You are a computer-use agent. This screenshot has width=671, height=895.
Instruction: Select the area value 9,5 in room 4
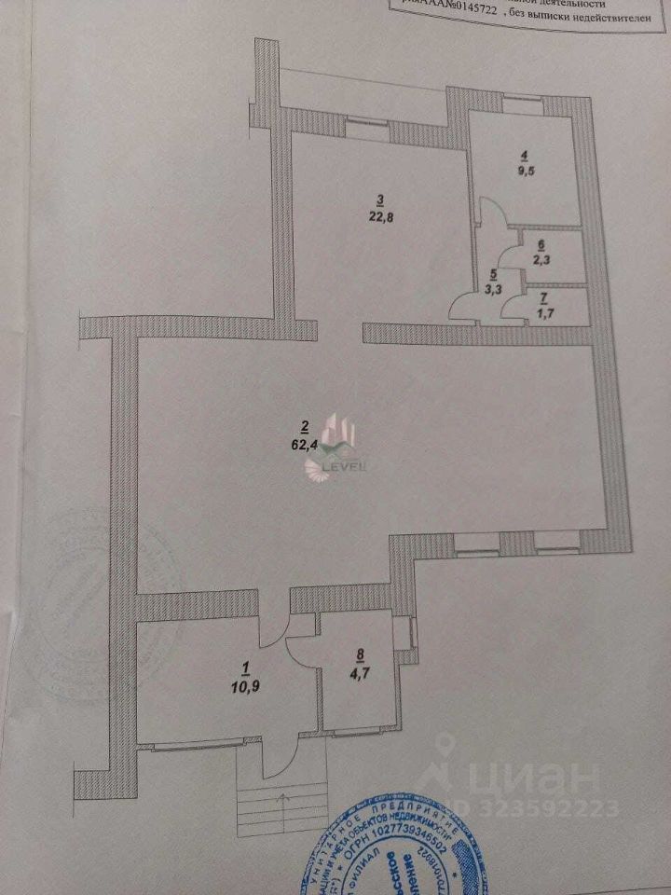525,172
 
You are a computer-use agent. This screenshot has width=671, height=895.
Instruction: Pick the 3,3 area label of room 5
498,290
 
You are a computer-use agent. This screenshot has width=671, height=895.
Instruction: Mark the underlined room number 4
525,155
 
